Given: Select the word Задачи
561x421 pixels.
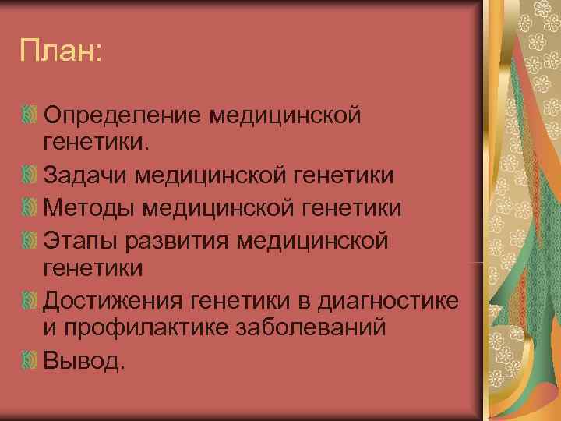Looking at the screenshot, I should (85, 175).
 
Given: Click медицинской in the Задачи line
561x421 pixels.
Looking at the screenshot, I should (213, 175).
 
